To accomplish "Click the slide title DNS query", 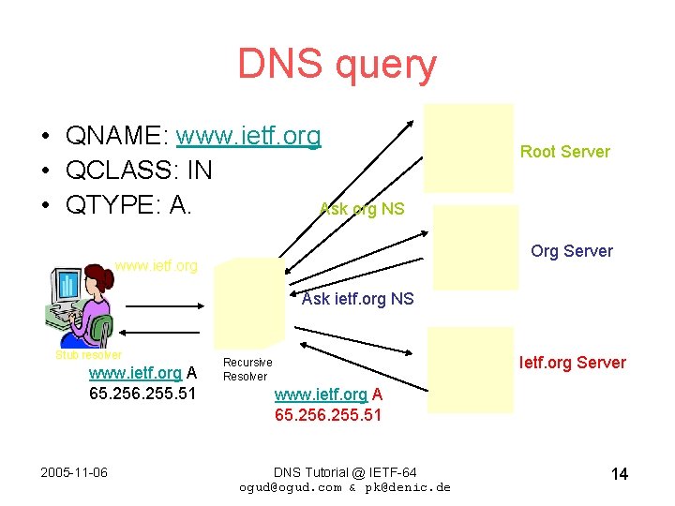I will click(x=337, y=65).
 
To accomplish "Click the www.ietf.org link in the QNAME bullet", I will click(x=248, y=137).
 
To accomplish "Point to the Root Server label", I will click(x=564, y=152).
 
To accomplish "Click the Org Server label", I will click(x=571, y=251).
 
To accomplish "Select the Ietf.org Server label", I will click(x=573, y=363).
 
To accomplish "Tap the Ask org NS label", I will click(x=362, y=209).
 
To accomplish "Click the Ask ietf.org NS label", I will click(x=357, y=300).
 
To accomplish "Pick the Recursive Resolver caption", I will click(x=247, y=369).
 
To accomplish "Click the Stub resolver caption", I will click(x=88, y=355).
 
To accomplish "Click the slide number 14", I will click(x=619, y=474).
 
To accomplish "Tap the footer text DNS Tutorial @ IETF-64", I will click(x=345, y=471).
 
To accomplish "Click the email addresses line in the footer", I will click(x=345, y=487).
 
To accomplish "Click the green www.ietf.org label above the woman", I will click(x=157, y=266).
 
